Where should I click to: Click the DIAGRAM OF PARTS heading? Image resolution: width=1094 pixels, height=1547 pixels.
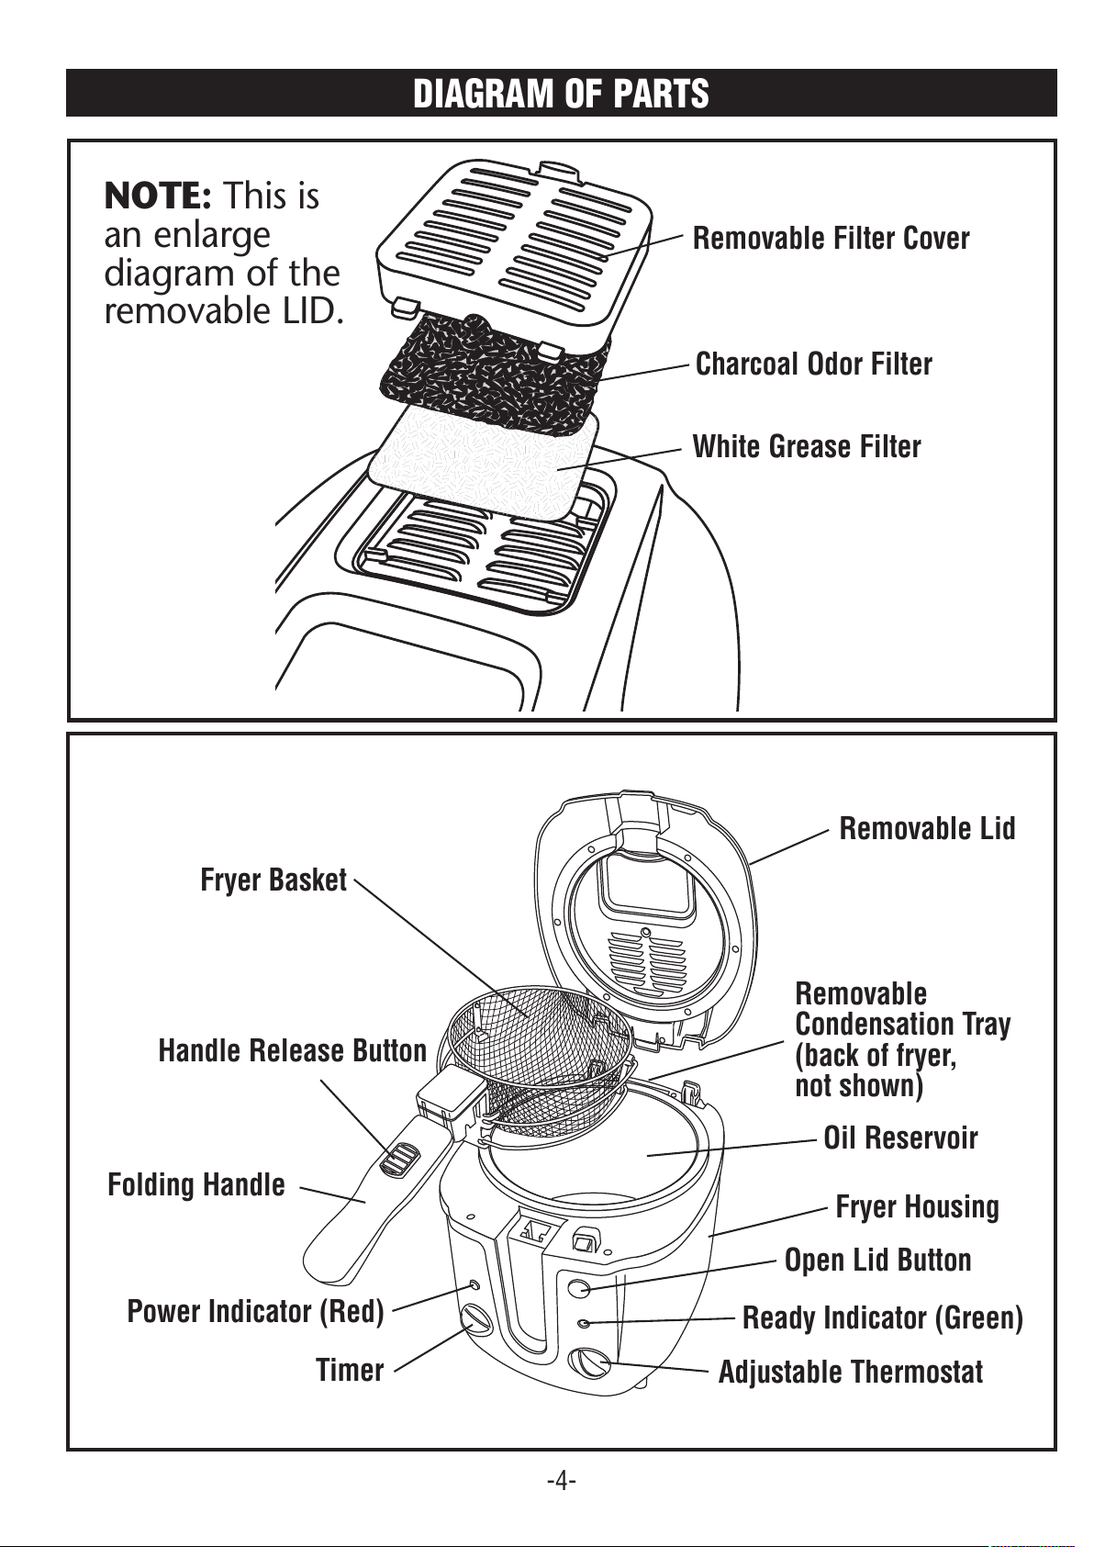pos(561,94)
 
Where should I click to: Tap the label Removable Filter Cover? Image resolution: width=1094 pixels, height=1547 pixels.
pos(831,239)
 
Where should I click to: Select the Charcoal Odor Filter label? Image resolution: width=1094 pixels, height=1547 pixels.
pos(814,364)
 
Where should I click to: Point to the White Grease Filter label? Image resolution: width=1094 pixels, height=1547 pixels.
pos(806,446)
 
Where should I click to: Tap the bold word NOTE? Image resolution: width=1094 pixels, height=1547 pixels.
pos(158,196)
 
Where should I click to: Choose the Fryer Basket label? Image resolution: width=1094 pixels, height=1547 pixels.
pos(273,880)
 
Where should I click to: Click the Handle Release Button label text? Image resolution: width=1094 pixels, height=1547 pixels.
pos(293,1050)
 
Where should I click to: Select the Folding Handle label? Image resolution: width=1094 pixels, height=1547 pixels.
pos(196,1184)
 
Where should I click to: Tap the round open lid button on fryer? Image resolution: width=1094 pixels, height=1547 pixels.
pos(578,1287)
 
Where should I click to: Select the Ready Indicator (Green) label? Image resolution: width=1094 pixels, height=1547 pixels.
pos(882,1317)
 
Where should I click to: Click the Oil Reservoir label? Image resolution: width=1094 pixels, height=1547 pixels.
pos(900,1138)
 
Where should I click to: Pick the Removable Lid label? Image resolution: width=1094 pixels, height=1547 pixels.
pos(927,828)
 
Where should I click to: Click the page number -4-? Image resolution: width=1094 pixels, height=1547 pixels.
pos(561,1480)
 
